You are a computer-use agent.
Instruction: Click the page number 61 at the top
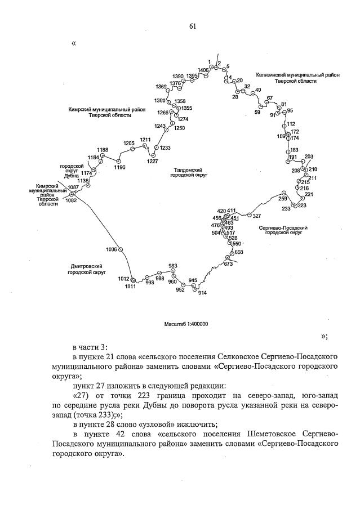point(192,26)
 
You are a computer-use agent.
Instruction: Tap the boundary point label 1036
point(111,249)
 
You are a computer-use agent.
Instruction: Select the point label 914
point(203,293)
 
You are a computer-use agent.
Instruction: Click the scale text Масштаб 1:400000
point(186,324)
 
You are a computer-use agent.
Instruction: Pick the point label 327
point(256,216)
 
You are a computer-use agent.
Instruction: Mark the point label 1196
point(119,167)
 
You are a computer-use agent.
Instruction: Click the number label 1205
point(129,144)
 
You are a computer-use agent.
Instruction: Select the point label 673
point(228,263)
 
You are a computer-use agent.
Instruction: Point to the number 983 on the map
point(173,266)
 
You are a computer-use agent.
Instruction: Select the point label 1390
point(178,76)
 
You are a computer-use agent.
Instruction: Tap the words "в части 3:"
point(94,346)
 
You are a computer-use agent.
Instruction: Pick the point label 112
point(291,124)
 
